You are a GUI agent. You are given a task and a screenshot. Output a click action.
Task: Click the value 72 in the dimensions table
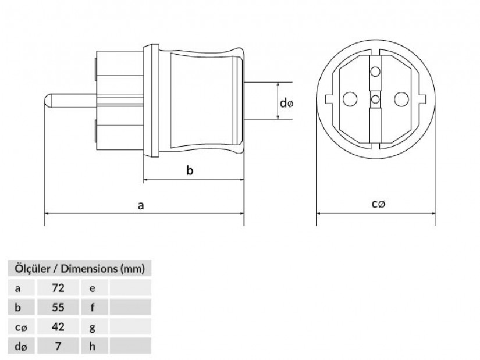[58, 288]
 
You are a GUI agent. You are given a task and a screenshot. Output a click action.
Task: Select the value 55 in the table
[58, 307]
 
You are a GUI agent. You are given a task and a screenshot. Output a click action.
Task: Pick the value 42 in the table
[58, 327]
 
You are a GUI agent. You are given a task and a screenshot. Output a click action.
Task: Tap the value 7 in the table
[58, 346]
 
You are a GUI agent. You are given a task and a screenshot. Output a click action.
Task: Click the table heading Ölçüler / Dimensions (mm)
[80, 269]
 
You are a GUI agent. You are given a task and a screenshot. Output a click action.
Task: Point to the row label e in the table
[93, 288]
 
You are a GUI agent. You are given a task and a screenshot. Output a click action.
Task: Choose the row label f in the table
[93, 307]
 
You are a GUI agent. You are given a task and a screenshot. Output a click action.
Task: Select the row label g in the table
[93, 327]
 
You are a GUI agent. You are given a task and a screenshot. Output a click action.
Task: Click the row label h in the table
[93, 346]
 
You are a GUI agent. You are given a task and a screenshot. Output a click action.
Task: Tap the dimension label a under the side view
[141, 205]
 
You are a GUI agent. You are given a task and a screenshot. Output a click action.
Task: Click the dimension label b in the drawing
[190, 170]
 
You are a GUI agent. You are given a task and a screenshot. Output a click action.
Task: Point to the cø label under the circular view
[378, 204]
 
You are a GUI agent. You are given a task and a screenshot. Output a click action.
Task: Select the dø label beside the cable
[286, 103]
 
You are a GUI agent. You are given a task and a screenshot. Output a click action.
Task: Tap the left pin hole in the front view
[350, 99]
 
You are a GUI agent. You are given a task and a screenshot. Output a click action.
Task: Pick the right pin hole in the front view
[401, 99]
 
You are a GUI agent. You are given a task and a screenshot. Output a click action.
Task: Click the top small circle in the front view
[375, 72]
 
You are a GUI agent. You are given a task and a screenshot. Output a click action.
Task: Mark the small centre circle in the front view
[375, 99]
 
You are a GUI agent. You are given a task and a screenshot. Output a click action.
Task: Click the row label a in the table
[18, 288]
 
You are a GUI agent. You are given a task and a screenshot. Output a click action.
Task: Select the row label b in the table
[18, 307]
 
